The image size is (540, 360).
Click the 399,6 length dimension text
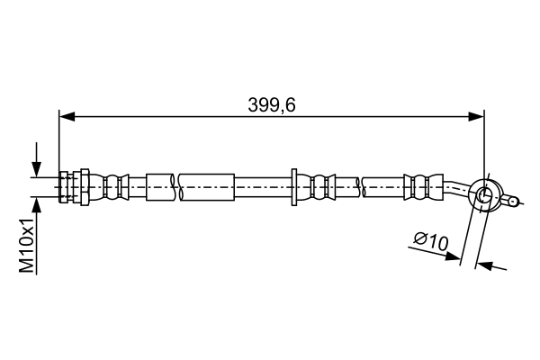(272, 105)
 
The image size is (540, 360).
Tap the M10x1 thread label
(28, 245)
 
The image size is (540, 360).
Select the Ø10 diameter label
(431, 242)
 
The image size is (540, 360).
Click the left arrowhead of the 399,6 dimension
(67, 116)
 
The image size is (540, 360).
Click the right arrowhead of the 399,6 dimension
(476, 116)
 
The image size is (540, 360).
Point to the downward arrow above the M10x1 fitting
(36, 159)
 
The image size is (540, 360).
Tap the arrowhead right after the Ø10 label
(452, 256)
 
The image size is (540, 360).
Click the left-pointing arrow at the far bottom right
(492, 266)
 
